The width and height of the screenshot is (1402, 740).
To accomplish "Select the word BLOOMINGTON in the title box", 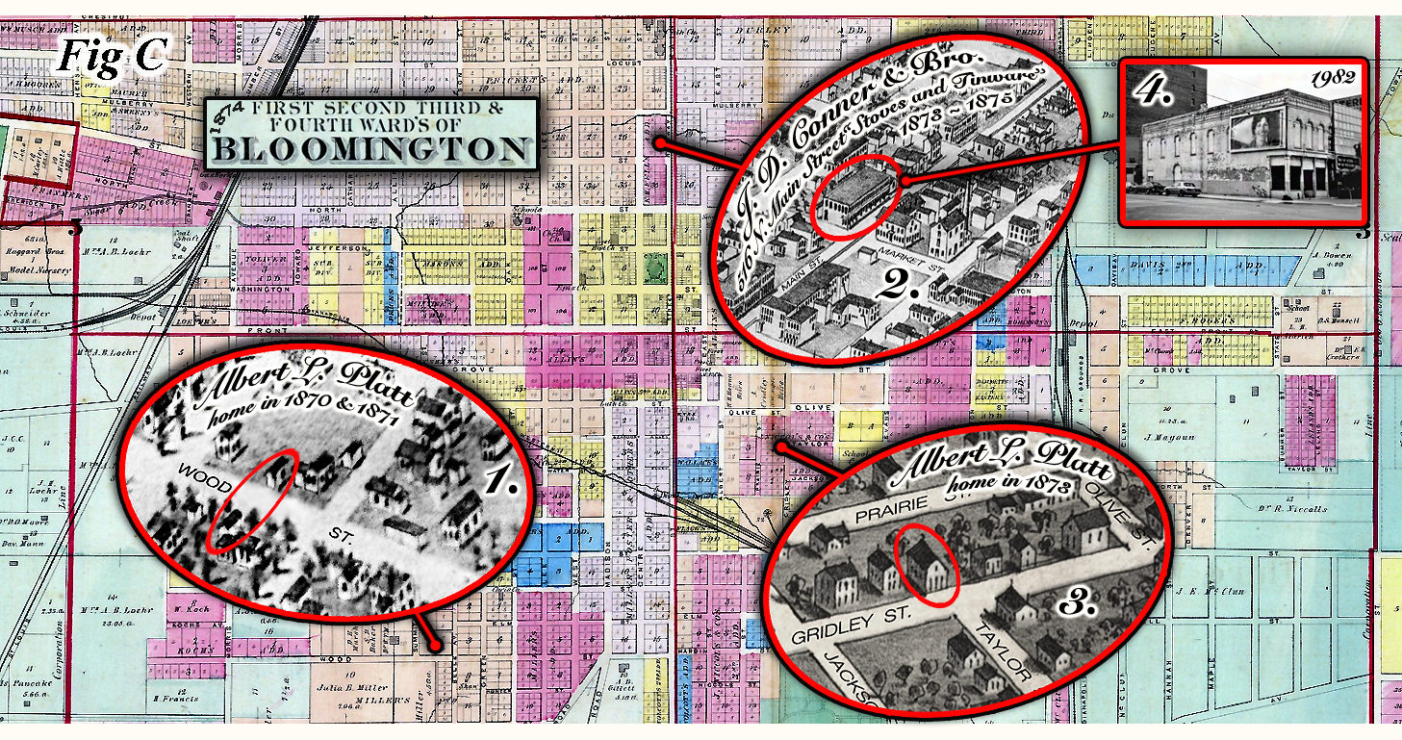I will coord(370,149).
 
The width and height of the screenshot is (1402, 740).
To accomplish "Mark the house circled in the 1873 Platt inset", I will coord(927,565).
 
